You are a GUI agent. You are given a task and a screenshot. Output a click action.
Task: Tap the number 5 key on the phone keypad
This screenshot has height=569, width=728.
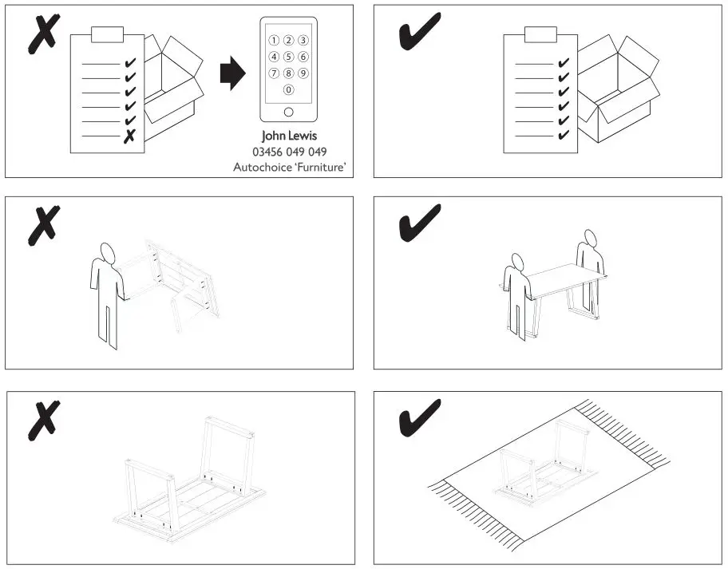point(289,57)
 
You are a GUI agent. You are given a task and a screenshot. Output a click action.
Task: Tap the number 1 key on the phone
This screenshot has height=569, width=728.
point(275,40)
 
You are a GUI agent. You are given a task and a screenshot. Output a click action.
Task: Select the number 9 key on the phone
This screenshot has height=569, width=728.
point(303,73)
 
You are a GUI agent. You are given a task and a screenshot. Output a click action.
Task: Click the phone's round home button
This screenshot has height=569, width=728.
point(289,111)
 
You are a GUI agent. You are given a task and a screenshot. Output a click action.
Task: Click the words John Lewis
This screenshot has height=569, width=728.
point(289,136)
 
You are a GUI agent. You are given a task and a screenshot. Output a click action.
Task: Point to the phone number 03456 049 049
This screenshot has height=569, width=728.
point(289,152)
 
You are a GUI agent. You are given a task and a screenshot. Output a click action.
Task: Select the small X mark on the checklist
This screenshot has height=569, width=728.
point(129,136)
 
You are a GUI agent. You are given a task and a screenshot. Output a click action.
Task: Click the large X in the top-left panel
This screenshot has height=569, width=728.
point(43,34)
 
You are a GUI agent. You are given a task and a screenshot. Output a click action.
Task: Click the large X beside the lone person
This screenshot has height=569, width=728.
point(43,226)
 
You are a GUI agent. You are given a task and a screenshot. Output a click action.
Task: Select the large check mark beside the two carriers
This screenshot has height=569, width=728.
point(419,222)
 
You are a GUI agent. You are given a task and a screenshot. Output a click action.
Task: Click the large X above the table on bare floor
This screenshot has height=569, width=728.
point(43,419)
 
